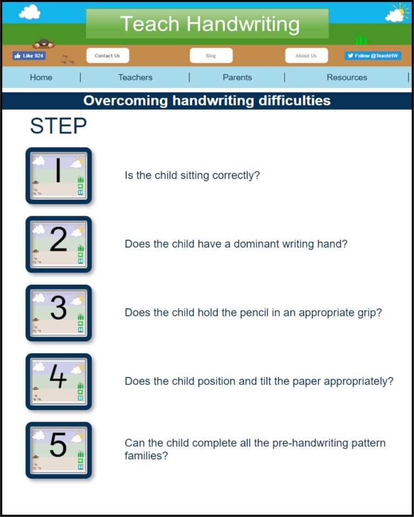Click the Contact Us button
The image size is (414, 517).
pyautogui.click(x=107, y=56)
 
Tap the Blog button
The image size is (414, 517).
pyautogui.click(x=211, y=56)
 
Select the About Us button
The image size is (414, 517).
pyautogui.click(x=306, y=56)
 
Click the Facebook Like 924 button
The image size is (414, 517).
pyautogui.click(x=29, y=56)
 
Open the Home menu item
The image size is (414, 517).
pyautogui.click(x=41, y=77)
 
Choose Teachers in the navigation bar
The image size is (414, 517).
pyautogui.click(x=135, y=77)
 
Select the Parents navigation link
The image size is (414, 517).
pyautogui.click(x=237, y=77)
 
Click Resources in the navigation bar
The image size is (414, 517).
pyautogui.click(x=346, y=77)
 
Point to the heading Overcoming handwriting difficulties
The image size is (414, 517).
pyautogui.click(x=207, y=101)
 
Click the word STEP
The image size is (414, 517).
pyautogui.click(x=58, y=126)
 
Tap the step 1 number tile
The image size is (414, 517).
pyautogui.click(x=58, y=176)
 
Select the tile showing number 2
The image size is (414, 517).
pyautogui.click(x=58, y=244)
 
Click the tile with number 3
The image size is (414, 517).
pyautogui.click(x=58, y=313)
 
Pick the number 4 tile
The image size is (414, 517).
pyautogui.click(x=58, y=382)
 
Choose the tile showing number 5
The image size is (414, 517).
pyautogui.click(x=58, y=450)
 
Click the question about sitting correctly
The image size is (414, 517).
pyautogui.click(x=192, y=176)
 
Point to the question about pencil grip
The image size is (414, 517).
pyautogui.click(x=253, y=313)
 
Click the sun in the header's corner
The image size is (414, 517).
pyautogui.click(x=400, y=11)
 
